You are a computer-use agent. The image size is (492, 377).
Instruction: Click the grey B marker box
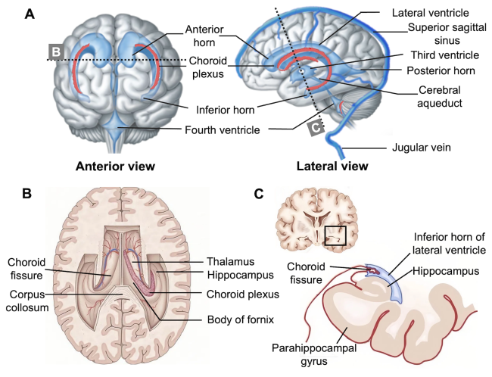55,51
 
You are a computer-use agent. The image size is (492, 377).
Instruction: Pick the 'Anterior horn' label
204,37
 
